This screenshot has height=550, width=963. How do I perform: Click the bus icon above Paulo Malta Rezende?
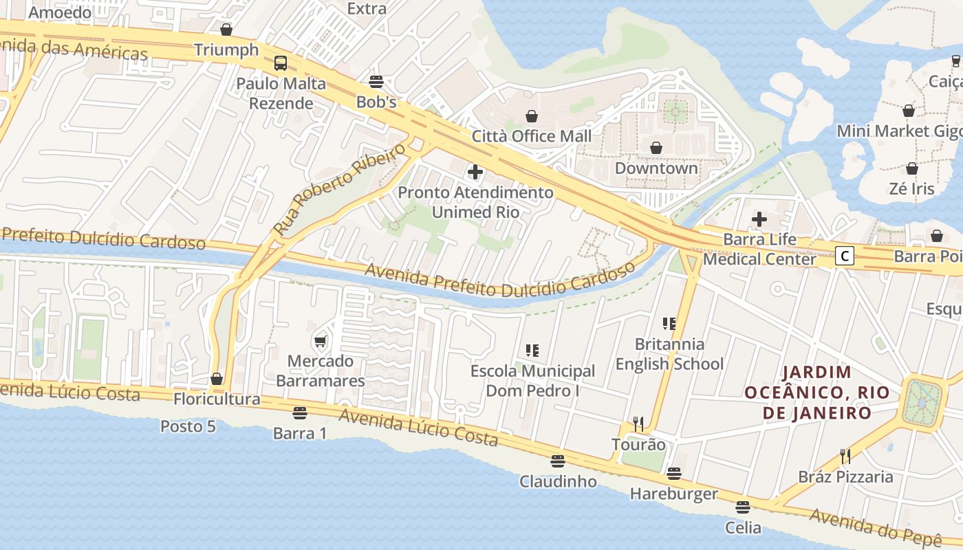pyautogui.click(x=281, y=63)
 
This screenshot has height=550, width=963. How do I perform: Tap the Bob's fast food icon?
pyautogui.click(x=376, y=82)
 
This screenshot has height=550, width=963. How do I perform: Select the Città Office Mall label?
pyautogui.click(x=531, y=136)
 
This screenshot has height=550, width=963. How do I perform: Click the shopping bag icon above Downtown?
pyautogui.click(x=656, y=148)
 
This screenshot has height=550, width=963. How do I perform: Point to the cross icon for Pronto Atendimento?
pyautogui.click(x=475, y=172)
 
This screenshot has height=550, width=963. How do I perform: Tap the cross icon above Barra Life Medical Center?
pyautogui.click(x=759, y=219)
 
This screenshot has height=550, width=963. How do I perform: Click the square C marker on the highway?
pyautogui.click(x=845, y=256)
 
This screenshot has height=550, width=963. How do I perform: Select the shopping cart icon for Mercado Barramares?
pyautogui.click(x=320, y=341)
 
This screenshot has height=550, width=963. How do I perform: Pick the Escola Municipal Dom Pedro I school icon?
pyautogui.click(x=532, y=351)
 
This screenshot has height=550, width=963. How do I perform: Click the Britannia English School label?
pyautogui.click(x=669, y=354)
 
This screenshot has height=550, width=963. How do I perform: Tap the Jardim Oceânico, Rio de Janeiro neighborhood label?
pyautogui.click(x=817, y=393)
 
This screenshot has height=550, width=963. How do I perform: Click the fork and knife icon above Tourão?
pyautogui.click(x=638, y=424)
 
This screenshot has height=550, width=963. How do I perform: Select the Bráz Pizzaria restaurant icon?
pyautogui.click(x=845, y=456)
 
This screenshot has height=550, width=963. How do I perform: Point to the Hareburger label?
pyautogui.click(x=673, y=494)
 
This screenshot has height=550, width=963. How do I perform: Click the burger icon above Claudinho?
pyautogui.click(x=558, y=461)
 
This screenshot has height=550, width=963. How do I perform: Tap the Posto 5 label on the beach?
pyautogui.click(x=188, y=426)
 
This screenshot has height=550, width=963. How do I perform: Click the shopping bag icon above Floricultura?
pyautogui.click(x=217, y=379)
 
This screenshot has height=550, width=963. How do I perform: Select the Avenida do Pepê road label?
pyautogui.click(x=874, y=527)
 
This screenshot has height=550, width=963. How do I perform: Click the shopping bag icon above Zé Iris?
pyautogui.click(x=912, y=168)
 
